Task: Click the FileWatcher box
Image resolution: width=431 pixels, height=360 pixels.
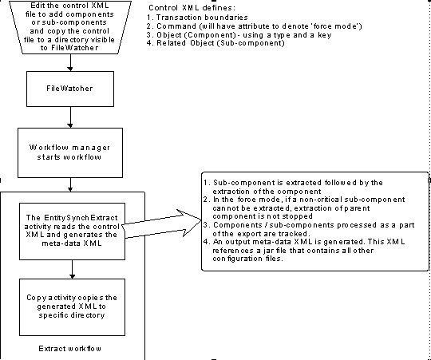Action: pos(70,89)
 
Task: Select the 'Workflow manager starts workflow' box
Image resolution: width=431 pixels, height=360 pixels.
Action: pos(70,152)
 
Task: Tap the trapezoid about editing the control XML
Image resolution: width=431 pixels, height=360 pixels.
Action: pos(70,27)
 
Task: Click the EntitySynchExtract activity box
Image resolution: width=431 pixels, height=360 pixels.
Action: pos(72,231)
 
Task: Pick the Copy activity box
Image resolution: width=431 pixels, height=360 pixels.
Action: pos(72,307)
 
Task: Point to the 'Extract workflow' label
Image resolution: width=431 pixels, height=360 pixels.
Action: pos(69,349)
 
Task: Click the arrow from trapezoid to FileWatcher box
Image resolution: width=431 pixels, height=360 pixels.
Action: pos(71,62)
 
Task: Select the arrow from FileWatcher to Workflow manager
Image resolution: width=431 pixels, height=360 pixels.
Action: pos(71,117)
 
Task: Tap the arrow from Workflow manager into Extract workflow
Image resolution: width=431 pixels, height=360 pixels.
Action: pos(71,184)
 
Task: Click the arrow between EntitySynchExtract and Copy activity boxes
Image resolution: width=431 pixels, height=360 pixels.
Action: pos(73,269)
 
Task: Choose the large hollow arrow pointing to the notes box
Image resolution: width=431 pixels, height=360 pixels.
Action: pos(162,224)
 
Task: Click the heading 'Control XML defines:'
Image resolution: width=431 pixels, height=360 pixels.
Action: pos(192,8)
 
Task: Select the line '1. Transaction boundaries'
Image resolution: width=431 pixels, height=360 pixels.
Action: pos(197,18)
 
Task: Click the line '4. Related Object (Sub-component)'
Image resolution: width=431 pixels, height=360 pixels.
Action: pos(215,43)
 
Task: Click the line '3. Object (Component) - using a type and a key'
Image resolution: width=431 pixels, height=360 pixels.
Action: pos(239,35)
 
